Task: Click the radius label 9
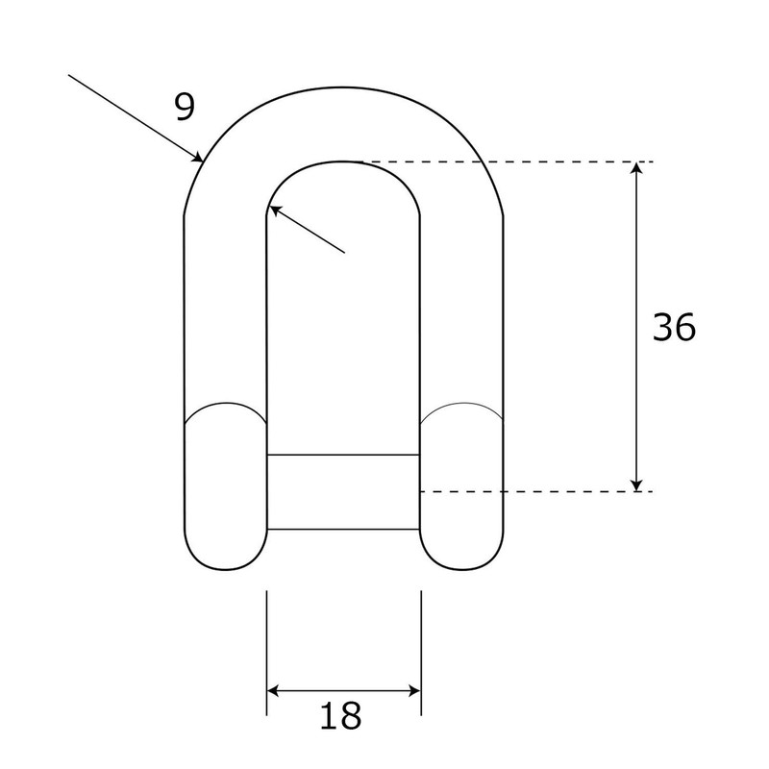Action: coord(185,107)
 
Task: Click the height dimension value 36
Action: coord(673,328)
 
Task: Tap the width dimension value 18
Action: coord(343,716)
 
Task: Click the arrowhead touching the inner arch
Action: coord(274,211)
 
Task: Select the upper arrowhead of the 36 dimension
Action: coord(635,169)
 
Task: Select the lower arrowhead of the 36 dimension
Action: coord(635,484)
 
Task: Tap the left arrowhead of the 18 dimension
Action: coord(274,690)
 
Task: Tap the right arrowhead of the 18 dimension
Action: coord(413,690)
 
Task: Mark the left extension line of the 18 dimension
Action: coord(266,654)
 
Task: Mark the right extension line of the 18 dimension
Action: coord(421,654)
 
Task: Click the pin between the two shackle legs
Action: coord(343,491)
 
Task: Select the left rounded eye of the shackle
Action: coord(225,490)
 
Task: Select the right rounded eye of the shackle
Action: coord(462,490)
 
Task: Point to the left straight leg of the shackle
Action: coord(225,308)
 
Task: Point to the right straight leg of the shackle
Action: coord(461,308)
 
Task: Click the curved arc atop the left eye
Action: coord(225,404)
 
